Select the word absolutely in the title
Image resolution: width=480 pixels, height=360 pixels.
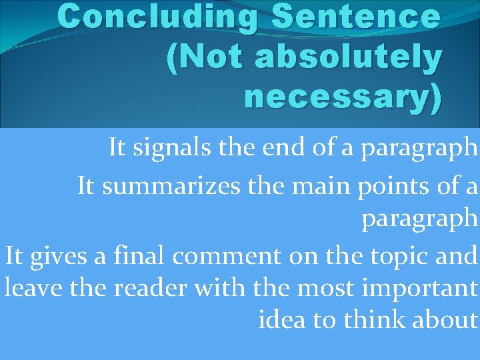347,59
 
